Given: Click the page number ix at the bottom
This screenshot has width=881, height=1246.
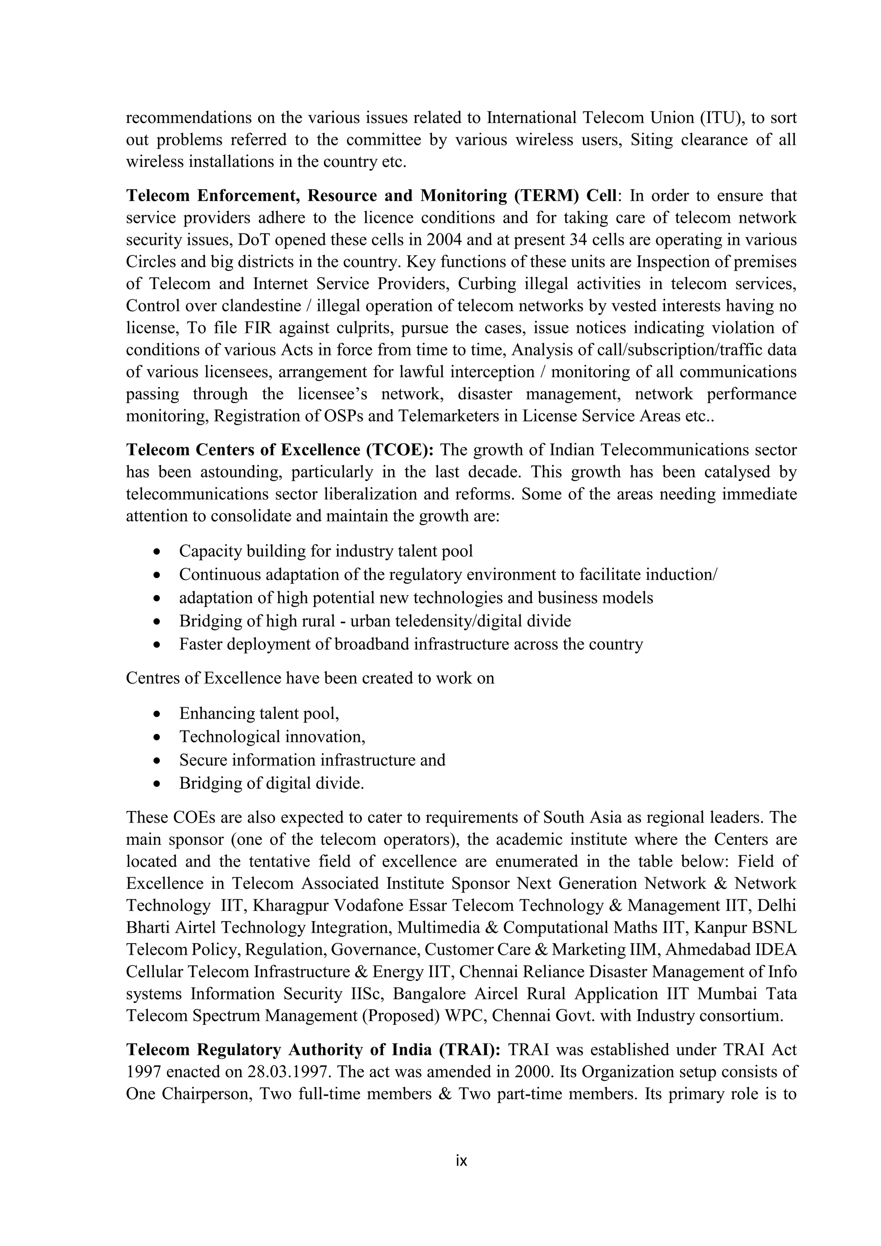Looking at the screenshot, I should pos(461,1161).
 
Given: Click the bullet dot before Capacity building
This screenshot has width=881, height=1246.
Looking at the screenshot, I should pos(157,552).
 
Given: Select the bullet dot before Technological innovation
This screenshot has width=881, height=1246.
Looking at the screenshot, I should pos(157,737).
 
